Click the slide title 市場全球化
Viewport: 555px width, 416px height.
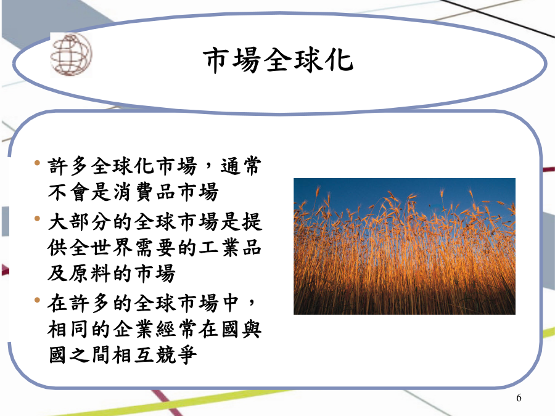[278, 60]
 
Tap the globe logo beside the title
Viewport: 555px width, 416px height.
[71, 54]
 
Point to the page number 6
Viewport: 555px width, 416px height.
[519, 398]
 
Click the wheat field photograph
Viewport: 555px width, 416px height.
[404, 246]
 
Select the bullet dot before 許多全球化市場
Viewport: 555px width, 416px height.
[37, 163]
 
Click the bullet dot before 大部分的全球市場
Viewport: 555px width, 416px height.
[37, 219]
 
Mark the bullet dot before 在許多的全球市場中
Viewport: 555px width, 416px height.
[37, 300]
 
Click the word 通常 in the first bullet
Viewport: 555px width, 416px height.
[241, 166]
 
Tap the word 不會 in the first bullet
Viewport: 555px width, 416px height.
[69, 192]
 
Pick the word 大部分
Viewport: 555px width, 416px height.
[80, 222]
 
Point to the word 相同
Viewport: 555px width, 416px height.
[69, 329]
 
